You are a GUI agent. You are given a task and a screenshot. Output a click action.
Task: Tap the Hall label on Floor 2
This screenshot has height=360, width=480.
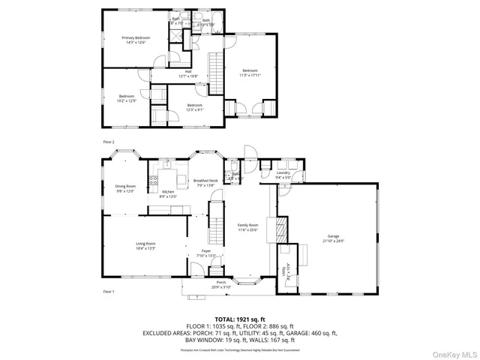[178, 73]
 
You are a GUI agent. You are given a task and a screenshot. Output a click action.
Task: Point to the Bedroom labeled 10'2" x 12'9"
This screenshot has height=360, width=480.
[125, 98]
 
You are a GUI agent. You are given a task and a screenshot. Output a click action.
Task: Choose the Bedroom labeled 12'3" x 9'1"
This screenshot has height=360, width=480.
[194, 107]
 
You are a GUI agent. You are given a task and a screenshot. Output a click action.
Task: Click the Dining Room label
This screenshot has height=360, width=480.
[125, 188]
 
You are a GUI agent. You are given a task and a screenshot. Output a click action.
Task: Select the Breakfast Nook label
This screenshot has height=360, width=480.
[205, 182]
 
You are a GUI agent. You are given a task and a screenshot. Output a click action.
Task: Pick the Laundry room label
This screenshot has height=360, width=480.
[283, 175]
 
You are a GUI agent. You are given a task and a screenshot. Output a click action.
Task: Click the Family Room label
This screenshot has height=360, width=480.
[247, 227]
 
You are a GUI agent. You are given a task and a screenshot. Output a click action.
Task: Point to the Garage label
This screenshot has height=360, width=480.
[333, 238]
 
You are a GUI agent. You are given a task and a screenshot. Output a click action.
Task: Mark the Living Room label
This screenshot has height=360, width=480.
[145, 245]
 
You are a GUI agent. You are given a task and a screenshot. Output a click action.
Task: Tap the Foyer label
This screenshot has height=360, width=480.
[205, 253]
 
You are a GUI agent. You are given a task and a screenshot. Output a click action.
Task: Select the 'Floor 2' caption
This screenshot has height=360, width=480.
[109, 141]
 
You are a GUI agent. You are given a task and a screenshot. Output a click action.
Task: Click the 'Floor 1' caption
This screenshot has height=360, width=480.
[109, 291]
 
